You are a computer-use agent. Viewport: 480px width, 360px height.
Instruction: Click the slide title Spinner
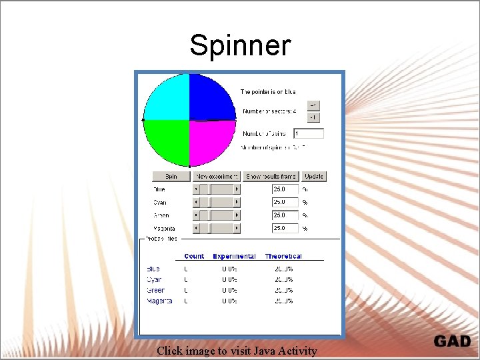[x=240, y=46]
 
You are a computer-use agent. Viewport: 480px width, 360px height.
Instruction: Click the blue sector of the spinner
[x=212, y=97]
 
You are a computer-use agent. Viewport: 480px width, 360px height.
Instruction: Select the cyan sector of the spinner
[x=167, y=97]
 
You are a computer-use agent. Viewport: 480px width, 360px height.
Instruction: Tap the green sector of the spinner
[x=167, y=141]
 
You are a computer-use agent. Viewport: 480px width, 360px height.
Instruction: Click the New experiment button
[x=217, y=177]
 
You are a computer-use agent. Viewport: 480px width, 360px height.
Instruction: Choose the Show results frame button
[x=271, y=177]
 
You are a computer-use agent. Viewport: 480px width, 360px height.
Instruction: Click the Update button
[x=313, y=177]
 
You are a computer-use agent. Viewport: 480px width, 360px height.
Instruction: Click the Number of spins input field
[x=308, y=134]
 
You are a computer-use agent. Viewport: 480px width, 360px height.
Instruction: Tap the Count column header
[x=194, y=256]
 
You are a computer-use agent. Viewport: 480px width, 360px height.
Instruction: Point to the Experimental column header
[x=234, y=256]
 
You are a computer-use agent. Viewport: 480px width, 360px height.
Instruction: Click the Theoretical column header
[x=283, y=256]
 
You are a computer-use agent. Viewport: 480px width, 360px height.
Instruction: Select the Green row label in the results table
[x=155, y=291]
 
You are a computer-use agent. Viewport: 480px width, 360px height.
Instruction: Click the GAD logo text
[x=452, y=341]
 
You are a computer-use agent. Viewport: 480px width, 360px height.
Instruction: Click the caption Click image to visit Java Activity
[x=237, y=351]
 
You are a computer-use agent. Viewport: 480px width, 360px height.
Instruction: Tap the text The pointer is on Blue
[x=268, y=91]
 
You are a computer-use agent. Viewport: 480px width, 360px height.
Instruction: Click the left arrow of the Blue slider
[x=196, y=189]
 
